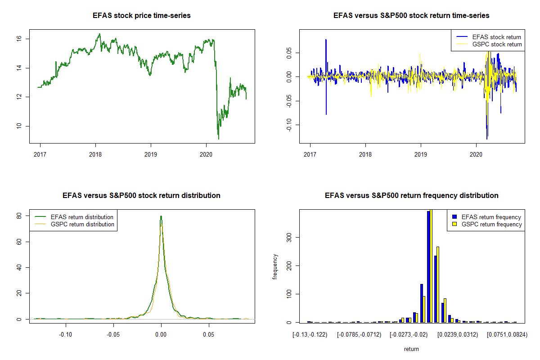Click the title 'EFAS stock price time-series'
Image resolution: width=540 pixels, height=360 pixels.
point(141,16)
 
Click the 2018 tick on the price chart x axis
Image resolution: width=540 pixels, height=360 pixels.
point(95,153)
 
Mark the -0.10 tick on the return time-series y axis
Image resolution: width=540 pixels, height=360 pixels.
point(289,125)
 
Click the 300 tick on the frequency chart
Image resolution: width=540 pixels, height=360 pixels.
point(289,237)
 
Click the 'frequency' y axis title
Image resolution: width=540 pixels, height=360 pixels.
point(275,267)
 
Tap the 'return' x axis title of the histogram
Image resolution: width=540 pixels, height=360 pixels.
point(411,349)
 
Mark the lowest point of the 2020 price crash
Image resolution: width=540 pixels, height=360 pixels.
point(218,138)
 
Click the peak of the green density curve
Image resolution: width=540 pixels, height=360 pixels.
point(161,216)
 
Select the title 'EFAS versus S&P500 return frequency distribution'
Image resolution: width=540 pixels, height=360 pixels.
point(411,196)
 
